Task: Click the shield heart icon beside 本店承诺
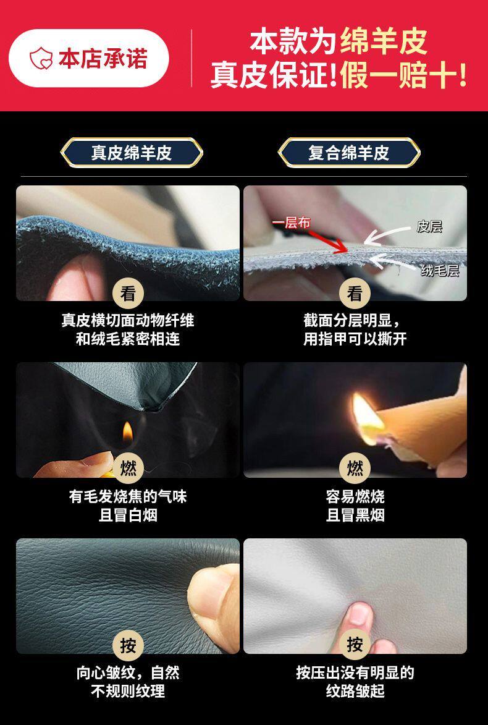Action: [41, 59]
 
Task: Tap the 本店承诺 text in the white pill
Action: [103, 59]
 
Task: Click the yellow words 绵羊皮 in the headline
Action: [384, 41]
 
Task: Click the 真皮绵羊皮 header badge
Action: [131, 153]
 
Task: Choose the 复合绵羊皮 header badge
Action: [349, 153]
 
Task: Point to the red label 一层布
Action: [291, 223]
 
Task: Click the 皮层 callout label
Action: [429, 226]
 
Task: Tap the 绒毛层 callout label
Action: [440, 271]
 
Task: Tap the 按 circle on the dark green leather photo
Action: [128, 645]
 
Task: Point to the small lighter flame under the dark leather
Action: [127, 431]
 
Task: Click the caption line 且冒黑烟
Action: [355, 515]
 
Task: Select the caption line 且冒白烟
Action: [128, 515]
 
